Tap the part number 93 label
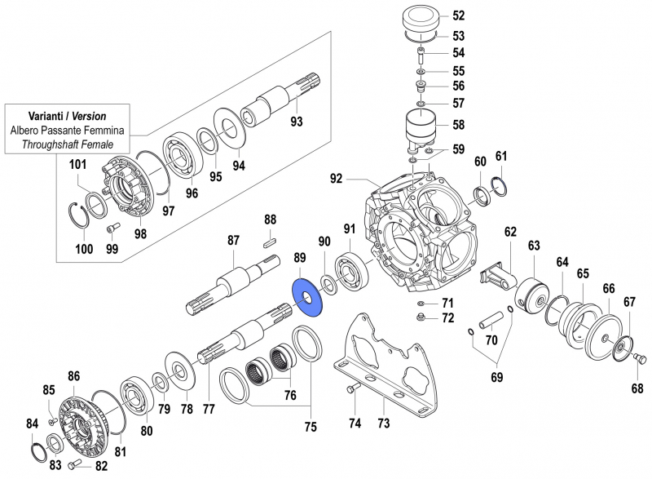click(x=296, y=122)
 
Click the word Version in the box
click(x=85, y=116)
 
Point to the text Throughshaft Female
click(x=68, y=144)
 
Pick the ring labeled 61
click(x=499, y=188)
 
